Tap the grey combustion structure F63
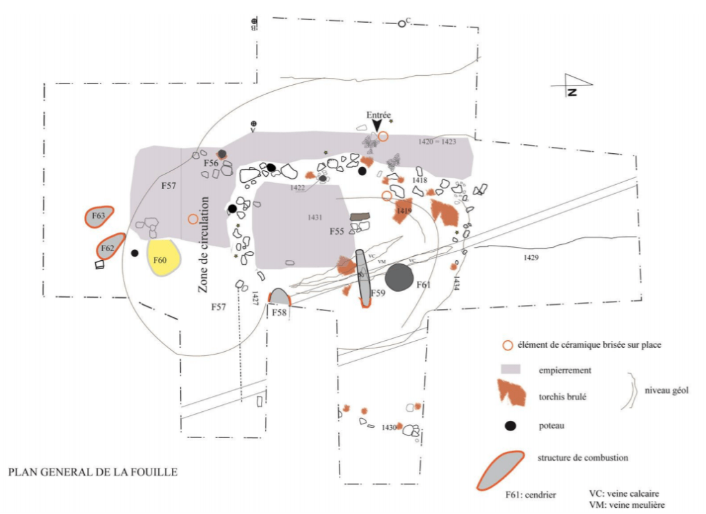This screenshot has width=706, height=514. (99, 216)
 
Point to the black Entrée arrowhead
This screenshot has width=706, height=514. (377, 125)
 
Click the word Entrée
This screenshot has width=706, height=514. (379, 115)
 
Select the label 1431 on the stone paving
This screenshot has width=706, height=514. (315, 217)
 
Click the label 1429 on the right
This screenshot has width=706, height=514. (530, 257)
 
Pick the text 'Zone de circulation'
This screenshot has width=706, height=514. (204, 245)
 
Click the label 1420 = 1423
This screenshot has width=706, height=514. (438, 141)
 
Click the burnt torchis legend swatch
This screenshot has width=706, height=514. (511, 395)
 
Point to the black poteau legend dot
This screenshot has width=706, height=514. (510, 426)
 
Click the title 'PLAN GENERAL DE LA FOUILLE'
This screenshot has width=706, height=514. (92, 473)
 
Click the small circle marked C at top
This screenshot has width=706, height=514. (402, 24)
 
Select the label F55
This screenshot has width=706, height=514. (336, 231)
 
